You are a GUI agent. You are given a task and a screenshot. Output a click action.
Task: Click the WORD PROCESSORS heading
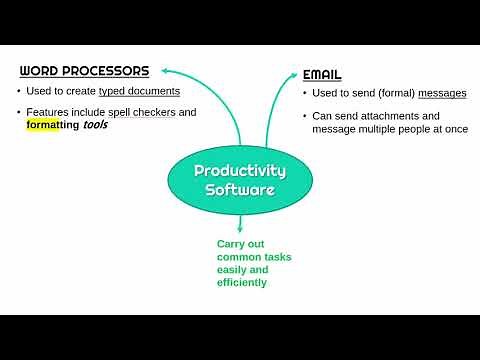tap(85, 71)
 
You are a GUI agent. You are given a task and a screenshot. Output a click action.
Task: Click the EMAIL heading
tap(322, 75)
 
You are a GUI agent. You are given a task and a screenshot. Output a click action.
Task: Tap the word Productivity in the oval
tap(240, 170)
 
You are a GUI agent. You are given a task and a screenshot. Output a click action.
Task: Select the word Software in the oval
tap(240, 189)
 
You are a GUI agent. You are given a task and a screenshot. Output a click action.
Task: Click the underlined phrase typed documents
tap(140, 92)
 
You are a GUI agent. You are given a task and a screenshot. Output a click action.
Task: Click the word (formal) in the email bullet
tap(391, 94)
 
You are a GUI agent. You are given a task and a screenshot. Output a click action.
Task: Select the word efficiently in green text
tap(242, 283)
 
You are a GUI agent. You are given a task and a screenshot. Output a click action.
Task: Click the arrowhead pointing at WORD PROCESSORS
tap(165, 70)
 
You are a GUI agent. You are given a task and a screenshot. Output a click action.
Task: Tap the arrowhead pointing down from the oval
tap(241, 228)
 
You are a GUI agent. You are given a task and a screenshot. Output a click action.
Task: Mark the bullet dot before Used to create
tap(19, 92)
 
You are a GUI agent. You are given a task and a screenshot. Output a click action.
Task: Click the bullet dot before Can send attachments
tap(304, 116)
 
